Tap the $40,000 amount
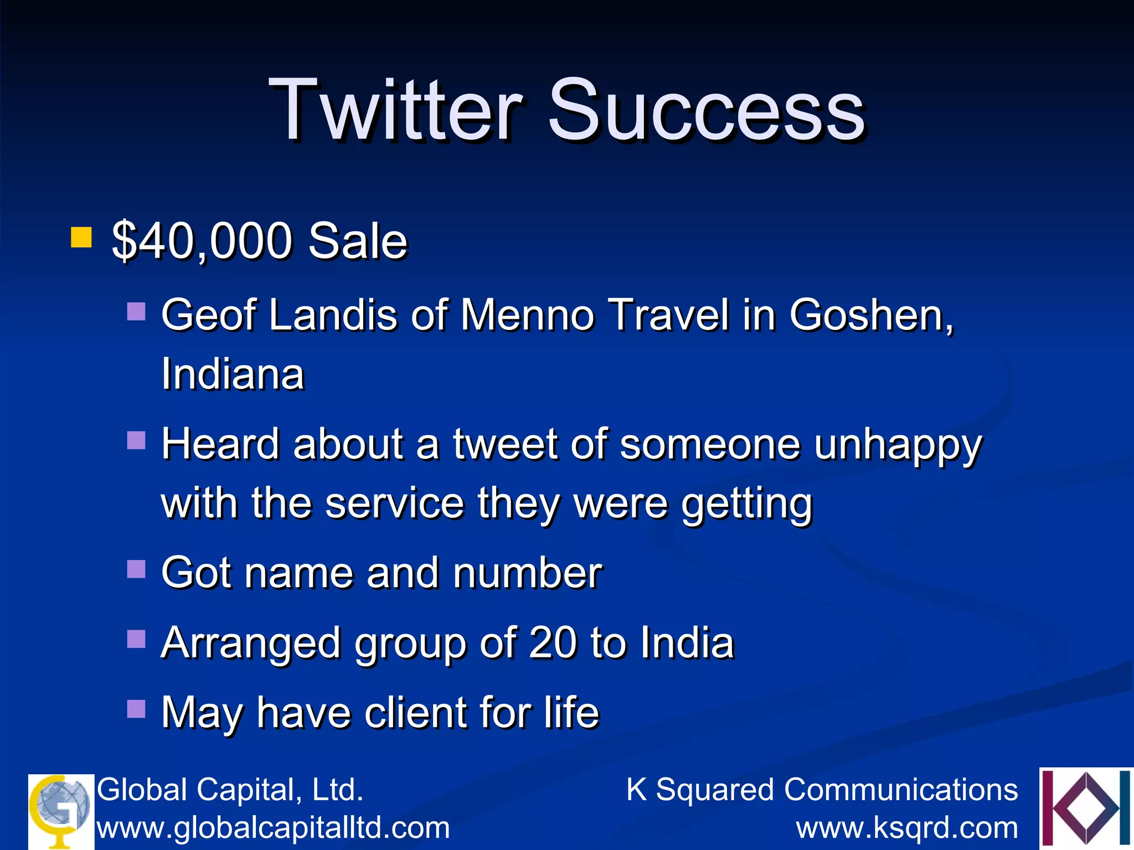(x=202, y=241)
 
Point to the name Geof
(x=209, y=315)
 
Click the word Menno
(x=527, y=315)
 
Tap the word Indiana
(x=233, y=374)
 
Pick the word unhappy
(x=898, y=446)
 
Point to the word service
(x=394, y=503)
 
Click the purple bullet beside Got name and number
(x=136, y=569)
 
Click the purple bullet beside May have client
(x=136, y=709)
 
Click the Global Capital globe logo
(x=61, y=811)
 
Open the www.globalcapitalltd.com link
(x=274, y=828)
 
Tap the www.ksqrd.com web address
(x=907, y=828)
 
